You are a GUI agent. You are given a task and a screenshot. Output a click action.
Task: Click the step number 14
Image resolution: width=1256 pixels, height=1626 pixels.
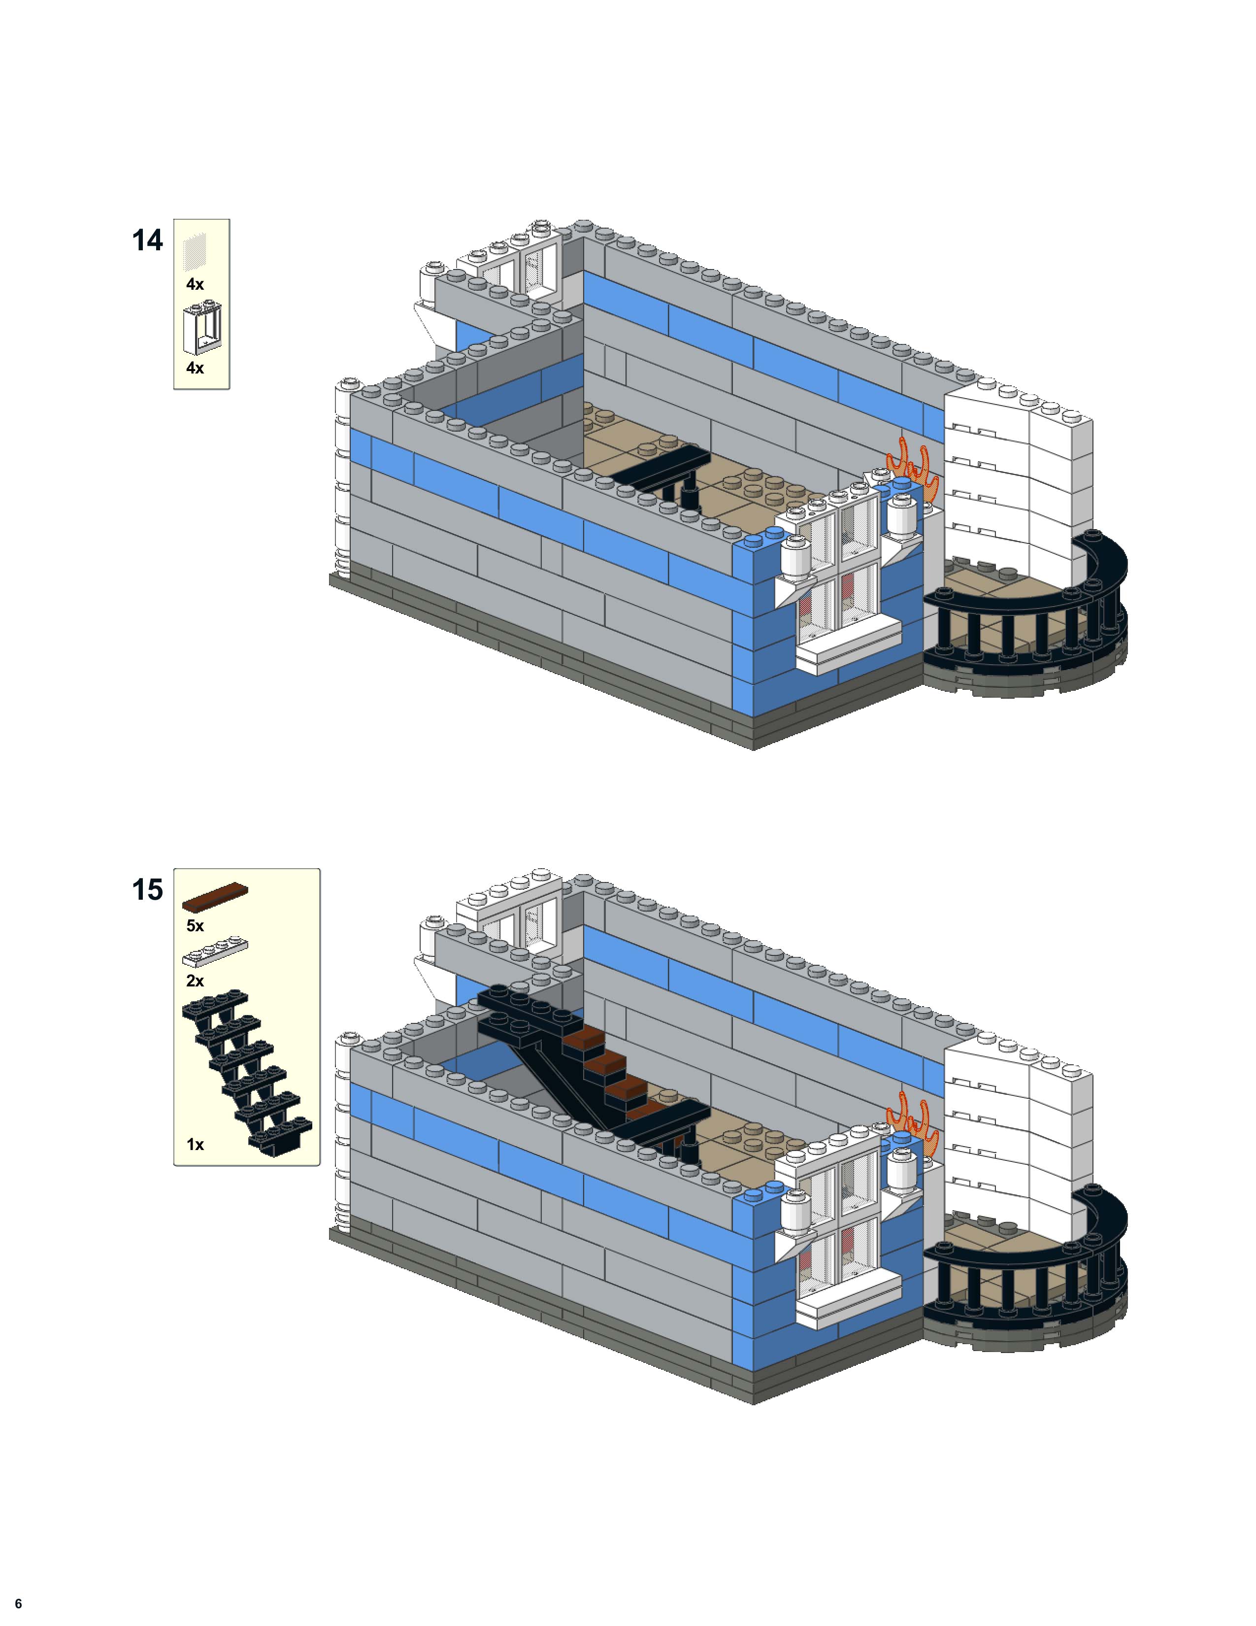point(147,240)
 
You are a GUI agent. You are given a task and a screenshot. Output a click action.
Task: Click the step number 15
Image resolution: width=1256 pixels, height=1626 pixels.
point(147,890)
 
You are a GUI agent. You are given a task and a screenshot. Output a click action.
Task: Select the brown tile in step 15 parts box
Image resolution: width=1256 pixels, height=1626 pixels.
point(215,897)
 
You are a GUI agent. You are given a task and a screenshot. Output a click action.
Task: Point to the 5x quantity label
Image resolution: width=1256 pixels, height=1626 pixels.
point(195,925)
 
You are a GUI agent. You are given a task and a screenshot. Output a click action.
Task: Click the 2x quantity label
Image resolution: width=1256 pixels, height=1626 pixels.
point(195,981)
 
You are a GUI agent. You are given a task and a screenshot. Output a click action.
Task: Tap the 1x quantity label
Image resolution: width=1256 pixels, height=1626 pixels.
point(195,1144)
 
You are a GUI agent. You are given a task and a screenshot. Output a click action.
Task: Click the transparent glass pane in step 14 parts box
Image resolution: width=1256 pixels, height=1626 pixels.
point(195,250)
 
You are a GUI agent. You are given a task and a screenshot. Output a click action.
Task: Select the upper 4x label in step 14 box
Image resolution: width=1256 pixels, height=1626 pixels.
point(195,284)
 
